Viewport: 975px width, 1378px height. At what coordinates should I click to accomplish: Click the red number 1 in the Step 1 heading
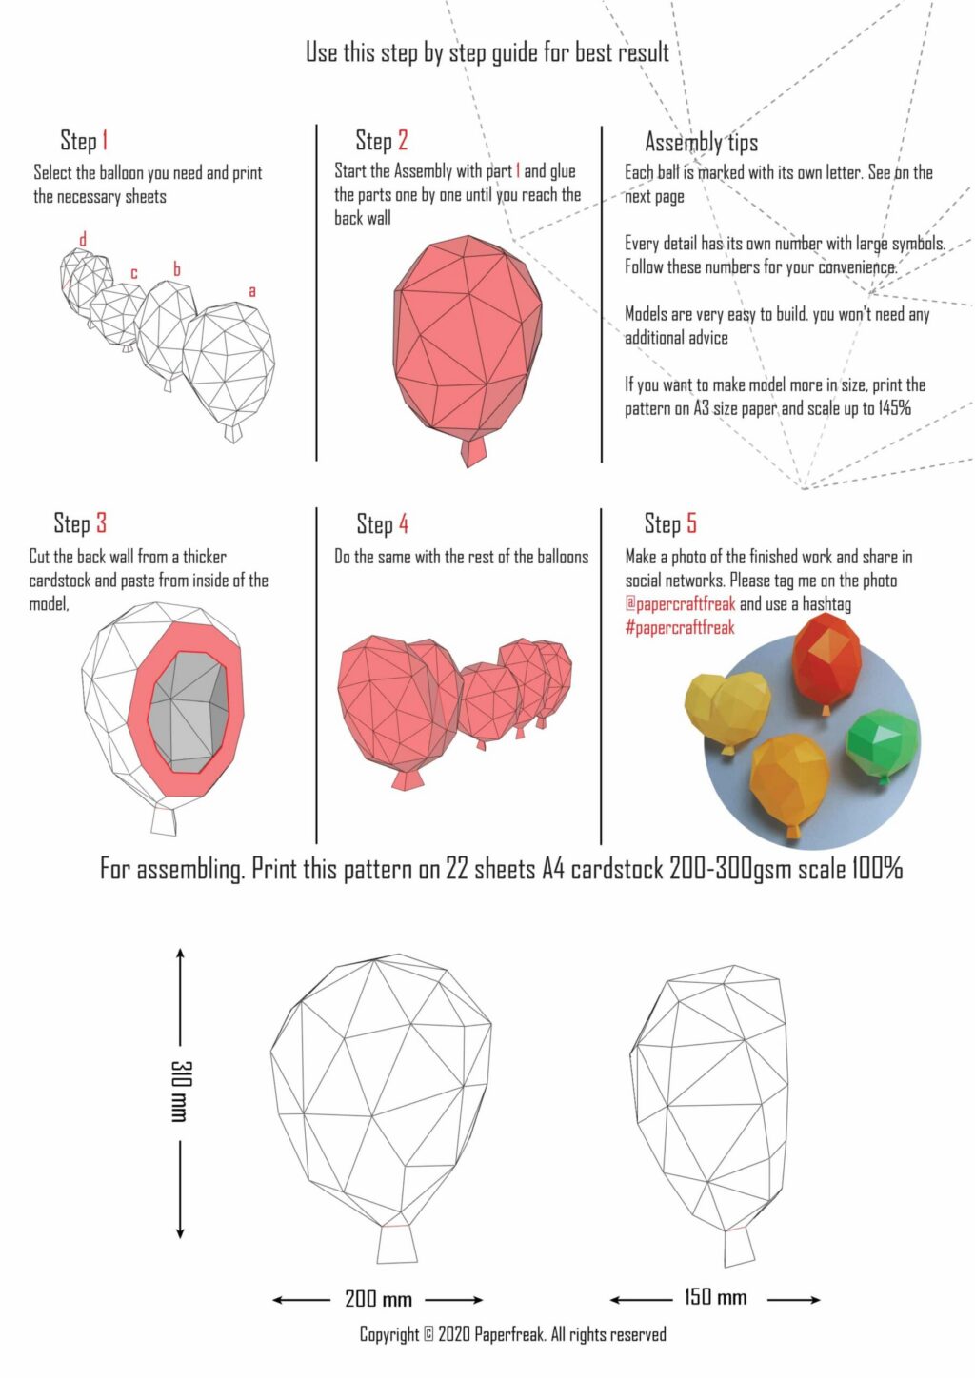click(x=105, y=141)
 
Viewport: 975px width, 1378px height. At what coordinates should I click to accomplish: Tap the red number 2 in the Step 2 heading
click(x=403, y=141)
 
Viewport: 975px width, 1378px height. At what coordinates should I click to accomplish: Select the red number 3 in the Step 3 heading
click(x=101, y=523)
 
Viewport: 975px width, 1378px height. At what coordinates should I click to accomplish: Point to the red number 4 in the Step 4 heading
click(x=404, y=524)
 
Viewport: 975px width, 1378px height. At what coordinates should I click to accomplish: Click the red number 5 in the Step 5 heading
click(x=691, y=523)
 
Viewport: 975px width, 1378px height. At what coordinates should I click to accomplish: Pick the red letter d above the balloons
click(x=83, y=239)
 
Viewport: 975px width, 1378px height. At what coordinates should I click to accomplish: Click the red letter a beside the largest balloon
click(x=252, y=290)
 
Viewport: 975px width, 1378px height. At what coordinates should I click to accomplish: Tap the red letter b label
click(x=177, y=269)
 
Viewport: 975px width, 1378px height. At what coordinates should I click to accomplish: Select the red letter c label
click(x=134, y=273)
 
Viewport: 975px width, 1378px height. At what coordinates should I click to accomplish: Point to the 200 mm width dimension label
click(x=378, y=1299)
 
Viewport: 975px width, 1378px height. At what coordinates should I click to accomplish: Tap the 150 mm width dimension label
click(x=716, y=1297)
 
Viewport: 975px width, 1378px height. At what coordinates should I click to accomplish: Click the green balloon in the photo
click(x=882, y=742)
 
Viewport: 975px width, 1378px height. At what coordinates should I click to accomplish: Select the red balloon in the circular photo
click(x=827, y=659)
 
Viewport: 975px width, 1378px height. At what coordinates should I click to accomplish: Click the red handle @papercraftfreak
click(x=680, y=604)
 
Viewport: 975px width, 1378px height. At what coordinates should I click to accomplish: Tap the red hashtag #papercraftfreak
click(x=680, y=628)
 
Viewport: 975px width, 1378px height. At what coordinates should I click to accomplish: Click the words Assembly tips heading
click(x=702, y=143)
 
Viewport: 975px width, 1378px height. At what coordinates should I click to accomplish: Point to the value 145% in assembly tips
click(x=894, y=408)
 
